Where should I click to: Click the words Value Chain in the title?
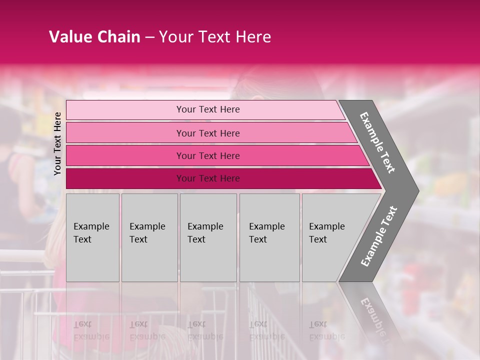94,37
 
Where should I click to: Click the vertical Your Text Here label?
57,143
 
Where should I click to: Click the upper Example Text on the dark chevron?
377,142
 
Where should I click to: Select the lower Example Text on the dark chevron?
379,236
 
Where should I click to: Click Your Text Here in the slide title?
215,37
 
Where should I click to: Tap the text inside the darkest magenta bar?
208,178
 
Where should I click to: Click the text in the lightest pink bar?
208,109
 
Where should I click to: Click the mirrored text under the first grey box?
91,330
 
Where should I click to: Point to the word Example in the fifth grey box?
327,226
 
